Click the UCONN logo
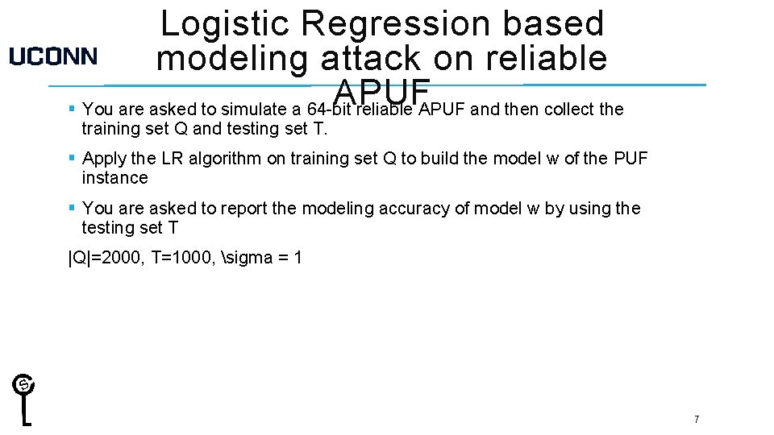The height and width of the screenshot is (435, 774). (x=53, y=56)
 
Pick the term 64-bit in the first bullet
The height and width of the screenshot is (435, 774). (x=331, y=109)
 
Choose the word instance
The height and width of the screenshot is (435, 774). (x=114, y=178)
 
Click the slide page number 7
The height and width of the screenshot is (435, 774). (x=696, y=419)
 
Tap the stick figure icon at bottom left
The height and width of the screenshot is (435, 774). (x=26, y=399)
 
